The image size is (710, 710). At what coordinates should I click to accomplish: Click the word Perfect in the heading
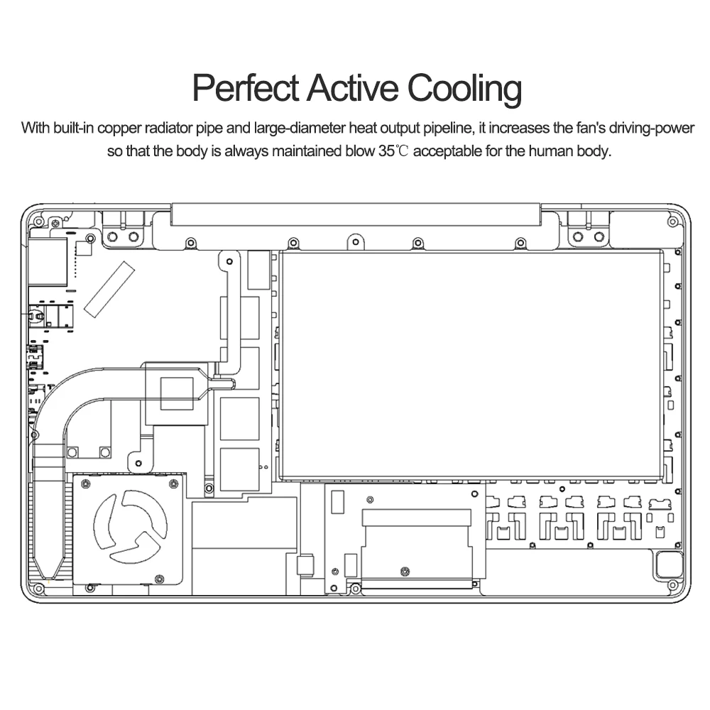[245, 89]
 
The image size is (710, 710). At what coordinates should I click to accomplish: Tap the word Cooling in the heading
[464, 90]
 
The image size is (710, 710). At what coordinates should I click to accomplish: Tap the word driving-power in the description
[650, 129]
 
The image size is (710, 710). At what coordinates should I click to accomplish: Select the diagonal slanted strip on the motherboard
[108, 288]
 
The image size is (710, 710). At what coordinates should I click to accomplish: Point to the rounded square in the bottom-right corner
[668, 564]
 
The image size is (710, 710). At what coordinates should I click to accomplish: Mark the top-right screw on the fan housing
[173, 484]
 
